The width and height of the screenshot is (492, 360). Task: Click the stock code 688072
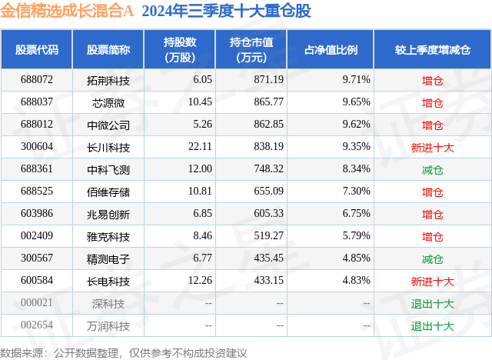37,79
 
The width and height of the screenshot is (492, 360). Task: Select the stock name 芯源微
108,102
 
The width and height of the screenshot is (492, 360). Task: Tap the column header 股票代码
37,50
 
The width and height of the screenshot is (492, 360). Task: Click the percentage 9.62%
356,125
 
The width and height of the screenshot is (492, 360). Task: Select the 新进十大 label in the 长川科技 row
432,147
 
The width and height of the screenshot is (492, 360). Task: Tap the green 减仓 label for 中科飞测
432,169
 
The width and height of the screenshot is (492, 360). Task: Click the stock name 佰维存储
108,192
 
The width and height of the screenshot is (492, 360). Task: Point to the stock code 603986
37,214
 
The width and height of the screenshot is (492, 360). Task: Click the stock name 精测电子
108,259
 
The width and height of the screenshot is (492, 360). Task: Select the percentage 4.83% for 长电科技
356,282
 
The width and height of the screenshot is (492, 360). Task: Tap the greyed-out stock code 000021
37,304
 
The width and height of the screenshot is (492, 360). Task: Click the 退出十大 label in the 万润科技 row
432,326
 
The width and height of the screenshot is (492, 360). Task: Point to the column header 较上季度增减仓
432,50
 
